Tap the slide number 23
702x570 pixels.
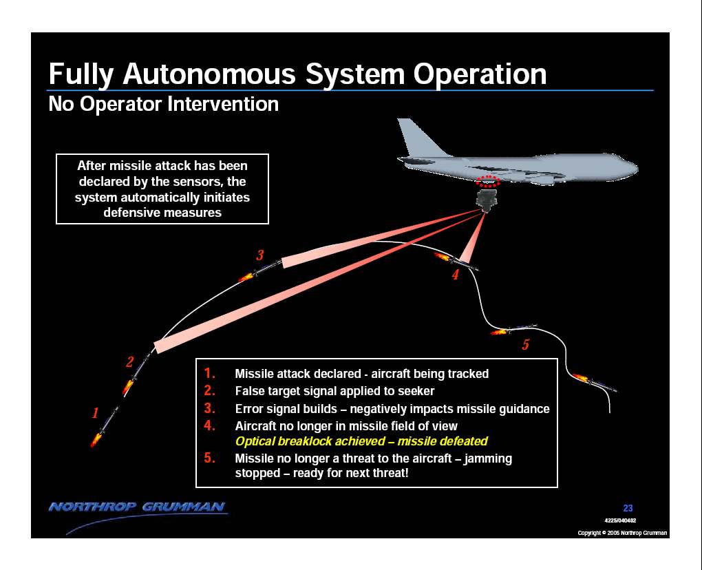[628, 508]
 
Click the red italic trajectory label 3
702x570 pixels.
[259, 255]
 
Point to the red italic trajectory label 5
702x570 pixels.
[526, 344]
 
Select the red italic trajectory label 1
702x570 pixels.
[95, 413]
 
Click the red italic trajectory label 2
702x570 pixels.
[130, 362]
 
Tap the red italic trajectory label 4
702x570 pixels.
[456, 275]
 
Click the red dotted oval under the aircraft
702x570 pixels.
[487, 181]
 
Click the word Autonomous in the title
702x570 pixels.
[209, 74]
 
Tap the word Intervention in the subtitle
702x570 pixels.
[223, 104]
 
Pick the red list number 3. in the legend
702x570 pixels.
[209, 408]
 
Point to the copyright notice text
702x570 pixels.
[622, 533]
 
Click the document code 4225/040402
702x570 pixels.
[620, 520]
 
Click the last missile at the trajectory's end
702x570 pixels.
[595, 382]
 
